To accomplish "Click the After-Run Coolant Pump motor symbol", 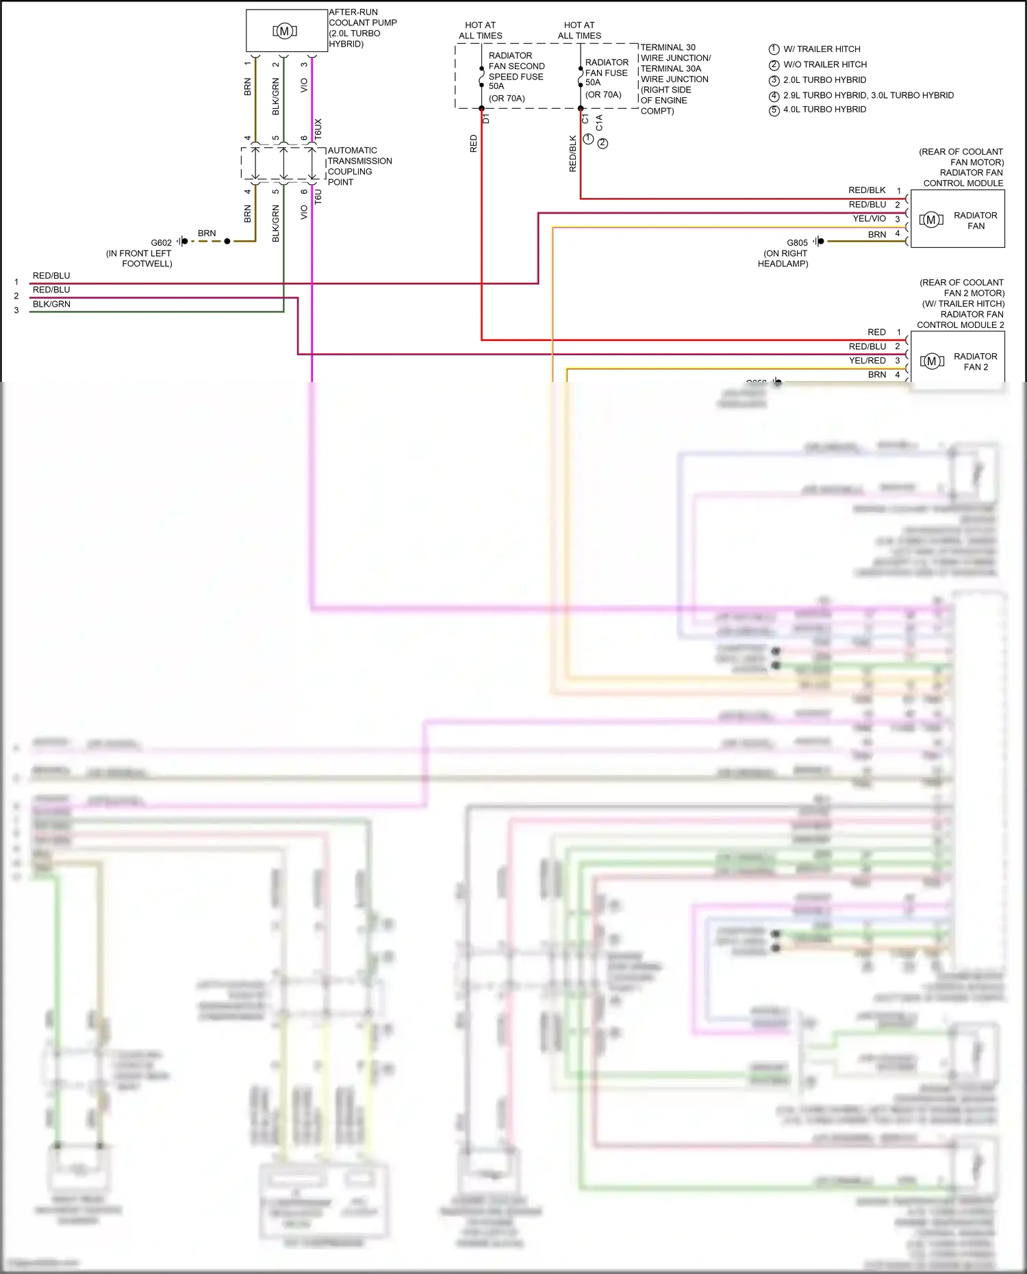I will [284, 31].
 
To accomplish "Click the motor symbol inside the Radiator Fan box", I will [930, 220].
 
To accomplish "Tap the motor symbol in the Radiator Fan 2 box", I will [931, 361].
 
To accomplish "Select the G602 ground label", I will [162, 243].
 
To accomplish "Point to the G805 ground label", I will [797, 243].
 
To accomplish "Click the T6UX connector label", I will [318, 130].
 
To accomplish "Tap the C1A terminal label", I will [599, 123].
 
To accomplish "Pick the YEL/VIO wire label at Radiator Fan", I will [869, 219].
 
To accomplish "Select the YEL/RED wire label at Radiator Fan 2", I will [867, 361].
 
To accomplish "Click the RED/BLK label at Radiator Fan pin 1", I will [867, 190].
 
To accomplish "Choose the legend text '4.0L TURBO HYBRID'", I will [824, 110].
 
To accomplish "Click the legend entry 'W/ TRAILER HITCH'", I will [822, 49].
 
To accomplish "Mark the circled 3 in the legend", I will [774, 81].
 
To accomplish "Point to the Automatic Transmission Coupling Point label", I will [359, 166].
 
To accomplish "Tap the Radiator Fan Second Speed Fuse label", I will [516, 71].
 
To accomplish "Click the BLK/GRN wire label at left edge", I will [51, 304].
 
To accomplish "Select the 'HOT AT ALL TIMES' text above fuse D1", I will [480, 31].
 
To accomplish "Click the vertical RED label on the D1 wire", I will [473, 144].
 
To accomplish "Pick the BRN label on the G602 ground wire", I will [207, 233].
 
